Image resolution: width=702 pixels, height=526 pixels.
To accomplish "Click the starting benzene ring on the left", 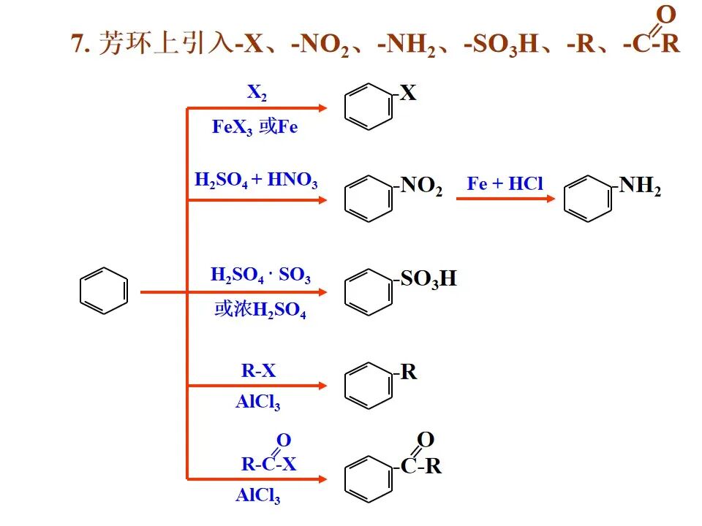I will click(103, 291).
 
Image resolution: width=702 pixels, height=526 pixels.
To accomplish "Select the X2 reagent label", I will click(257, 93).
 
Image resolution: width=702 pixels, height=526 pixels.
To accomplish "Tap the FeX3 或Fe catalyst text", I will click(254, 127).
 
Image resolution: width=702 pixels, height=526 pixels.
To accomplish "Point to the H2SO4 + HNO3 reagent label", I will click(256, 180).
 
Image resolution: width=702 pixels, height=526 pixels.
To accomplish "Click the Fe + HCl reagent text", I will click(505, 183).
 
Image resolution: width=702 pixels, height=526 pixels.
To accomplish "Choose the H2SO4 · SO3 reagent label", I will click(260, 276).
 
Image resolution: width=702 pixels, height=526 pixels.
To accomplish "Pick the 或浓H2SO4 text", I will click(260, 310).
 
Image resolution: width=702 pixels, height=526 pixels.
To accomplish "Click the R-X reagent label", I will click(259, 370).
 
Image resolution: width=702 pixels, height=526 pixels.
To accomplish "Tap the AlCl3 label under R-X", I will click(257, 402).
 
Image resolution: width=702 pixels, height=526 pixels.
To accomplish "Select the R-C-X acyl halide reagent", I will click(268, 463).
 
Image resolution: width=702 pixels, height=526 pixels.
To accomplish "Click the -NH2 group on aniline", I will click(641, 186).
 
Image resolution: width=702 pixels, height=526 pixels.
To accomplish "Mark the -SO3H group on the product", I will click(429, 279).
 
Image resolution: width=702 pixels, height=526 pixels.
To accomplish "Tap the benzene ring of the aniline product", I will click(588, 197).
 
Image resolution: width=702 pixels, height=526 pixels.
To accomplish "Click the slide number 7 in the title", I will click(77, 43).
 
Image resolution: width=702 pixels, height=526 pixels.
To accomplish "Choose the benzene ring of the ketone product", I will click(368, 479).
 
